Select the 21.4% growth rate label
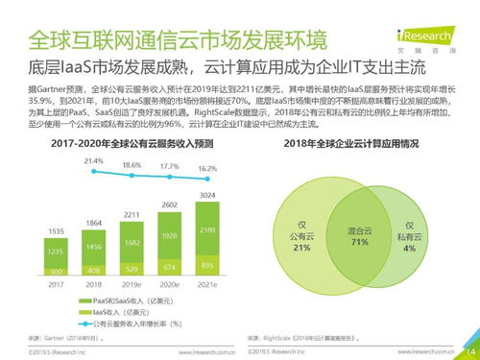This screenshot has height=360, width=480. (93, 161)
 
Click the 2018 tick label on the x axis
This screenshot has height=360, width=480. (94, 283)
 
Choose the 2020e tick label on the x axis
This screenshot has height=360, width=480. (170, 283)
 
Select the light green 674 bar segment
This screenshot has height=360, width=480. (170, 266)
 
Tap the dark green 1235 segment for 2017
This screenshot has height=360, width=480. (56, 250)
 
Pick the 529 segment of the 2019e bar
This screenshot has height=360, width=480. (132, 269)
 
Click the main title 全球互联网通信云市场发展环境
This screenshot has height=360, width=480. (177, 41)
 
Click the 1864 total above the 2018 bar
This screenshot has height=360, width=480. (94, 223)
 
